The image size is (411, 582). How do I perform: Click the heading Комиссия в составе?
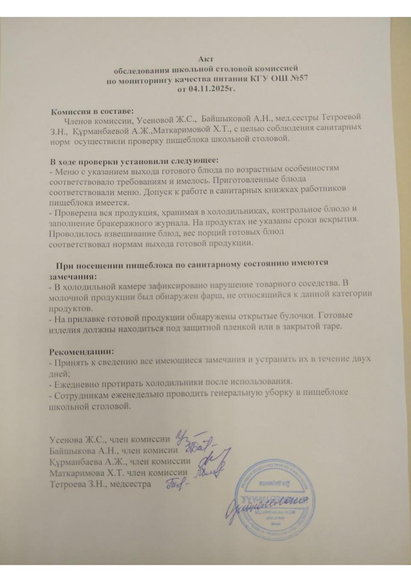tap(92, 112)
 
